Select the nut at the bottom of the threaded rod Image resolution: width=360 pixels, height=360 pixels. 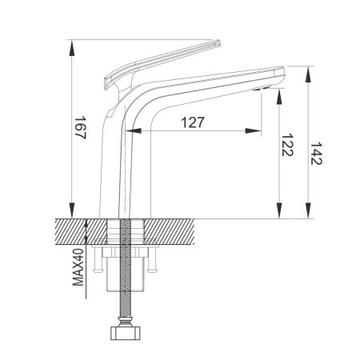126,331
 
